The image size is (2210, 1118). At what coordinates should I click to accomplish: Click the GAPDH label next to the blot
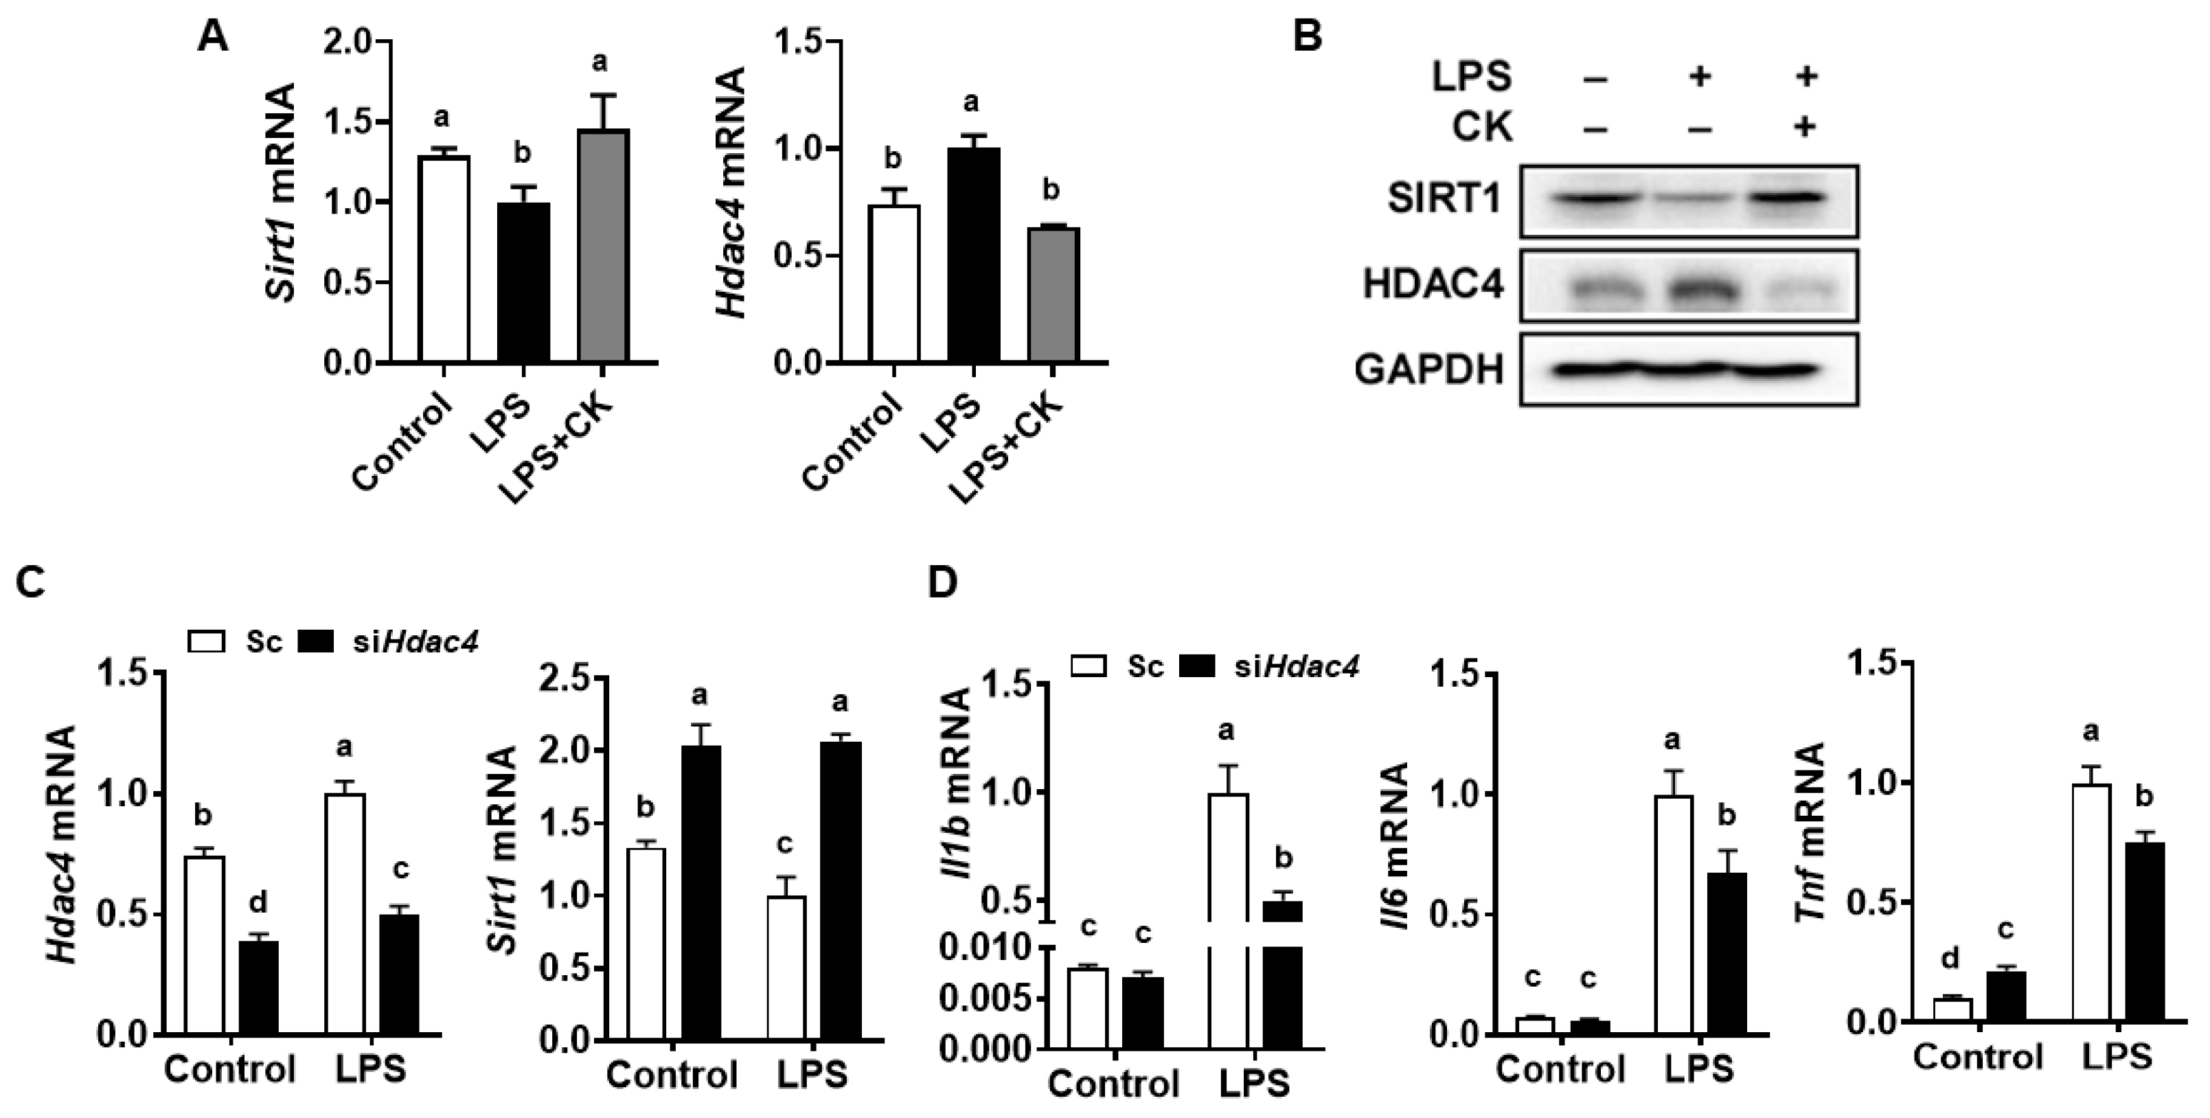1429,371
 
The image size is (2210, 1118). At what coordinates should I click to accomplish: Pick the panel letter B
1308,38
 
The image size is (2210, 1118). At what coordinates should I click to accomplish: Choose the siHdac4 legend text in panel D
1297,667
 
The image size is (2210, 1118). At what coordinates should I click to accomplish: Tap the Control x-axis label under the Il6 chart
1560,1069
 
